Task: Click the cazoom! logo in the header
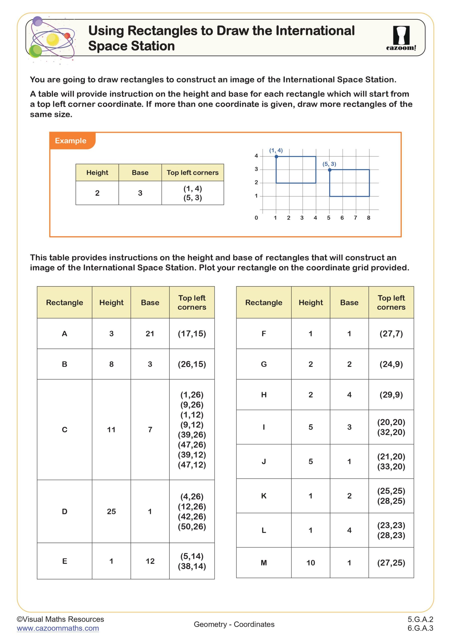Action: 401,38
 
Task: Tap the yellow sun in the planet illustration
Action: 53,39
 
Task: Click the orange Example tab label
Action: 71,141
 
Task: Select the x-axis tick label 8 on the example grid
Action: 369,218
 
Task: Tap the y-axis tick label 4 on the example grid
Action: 256,156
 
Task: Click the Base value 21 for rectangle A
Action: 150,333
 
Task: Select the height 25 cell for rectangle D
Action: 111,511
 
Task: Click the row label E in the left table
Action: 64,561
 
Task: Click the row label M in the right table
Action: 263,563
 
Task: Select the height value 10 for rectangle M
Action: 311,563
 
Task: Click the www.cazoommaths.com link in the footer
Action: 58,628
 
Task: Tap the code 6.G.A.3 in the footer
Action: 420,628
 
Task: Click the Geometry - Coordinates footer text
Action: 234,624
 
